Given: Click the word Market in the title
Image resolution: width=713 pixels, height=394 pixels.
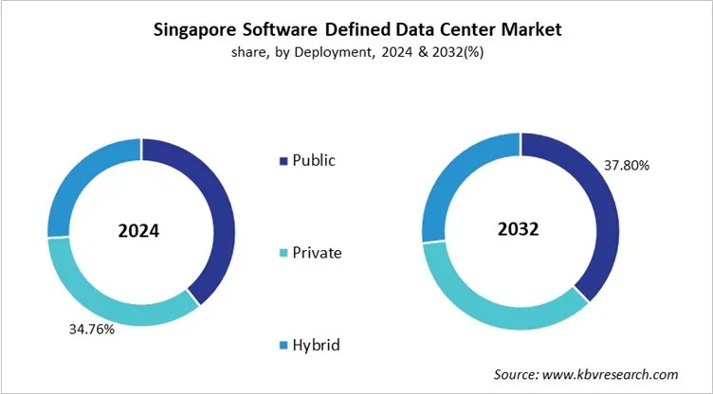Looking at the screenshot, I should pos(525,30).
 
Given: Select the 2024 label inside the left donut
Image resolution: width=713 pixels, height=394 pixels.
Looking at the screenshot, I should pos(139,230).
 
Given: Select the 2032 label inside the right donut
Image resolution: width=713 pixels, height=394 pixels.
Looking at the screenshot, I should pos(520,230).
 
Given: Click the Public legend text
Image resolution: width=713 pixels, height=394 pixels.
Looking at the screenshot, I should pos(314,160).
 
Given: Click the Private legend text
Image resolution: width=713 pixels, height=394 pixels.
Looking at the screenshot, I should pos(318,253).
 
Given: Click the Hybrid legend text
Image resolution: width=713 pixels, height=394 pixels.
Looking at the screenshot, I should pos(316,346).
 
